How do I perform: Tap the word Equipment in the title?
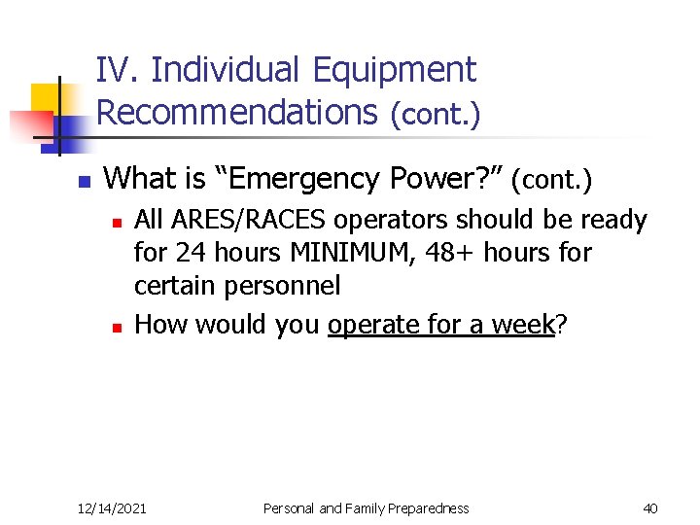tap(394, 70)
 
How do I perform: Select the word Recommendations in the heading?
tap(236, 113)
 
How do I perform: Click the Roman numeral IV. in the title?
tap(120, 70)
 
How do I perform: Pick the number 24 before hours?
tap(188, 254)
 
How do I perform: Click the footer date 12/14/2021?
tap(112, 508)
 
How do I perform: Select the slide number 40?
tap(650, 508)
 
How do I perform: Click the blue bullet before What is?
tap(84, 182)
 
